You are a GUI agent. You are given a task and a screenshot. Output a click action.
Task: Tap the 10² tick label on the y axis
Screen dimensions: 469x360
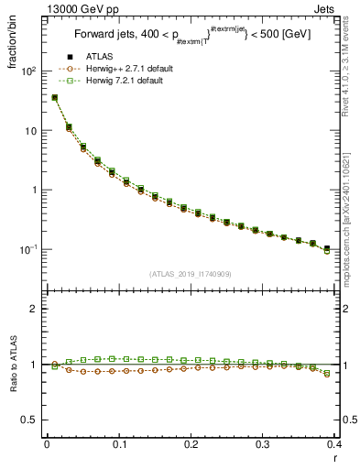point(27,71)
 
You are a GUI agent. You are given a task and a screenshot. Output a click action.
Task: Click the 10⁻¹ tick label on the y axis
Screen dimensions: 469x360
point(27,249)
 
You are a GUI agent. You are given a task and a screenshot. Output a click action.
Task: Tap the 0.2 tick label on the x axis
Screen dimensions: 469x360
point(191,445)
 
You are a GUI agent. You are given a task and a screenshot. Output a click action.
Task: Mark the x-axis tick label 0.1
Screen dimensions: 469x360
point(119,445)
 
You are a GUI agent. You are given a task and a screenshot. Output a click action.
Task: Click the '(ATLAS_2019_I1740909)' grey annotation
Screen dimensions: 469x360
point(190,274)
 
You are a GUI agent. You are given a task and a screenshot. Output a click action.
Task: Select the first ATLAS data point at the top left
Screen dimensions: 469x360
point(54,97)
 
